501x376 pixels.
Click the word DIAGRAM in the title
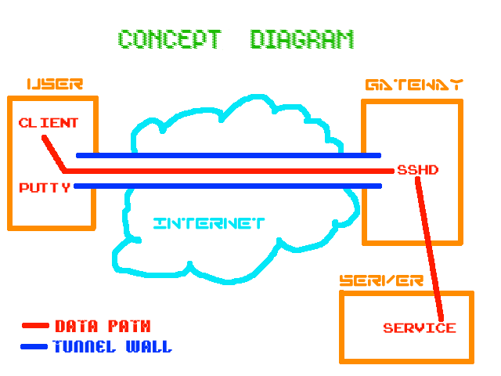point(302,39)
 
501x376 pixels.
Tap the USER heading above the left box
point(54,85)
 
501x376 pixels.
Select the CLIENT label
point(49,123)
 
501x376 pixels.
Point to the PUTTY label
point(45,187)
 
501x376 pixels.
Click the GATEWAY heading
point(413,85)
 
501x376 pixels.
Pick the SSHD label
point(418,169)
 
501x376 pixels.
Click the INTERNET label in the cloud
point(209,223)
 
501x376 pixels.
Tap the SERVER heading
point(381,280)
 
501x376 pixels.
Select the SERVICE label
point(419,327)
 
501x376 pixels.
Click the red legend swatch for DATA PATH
point(36,326)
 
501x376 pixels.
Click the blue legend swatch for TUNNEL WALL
point(36,346)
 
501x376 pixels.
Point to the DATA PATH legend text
point(103,326)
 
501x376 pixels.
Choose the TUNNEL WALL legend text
point(112,346)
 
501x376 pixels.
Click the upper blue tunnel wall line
point(227,155)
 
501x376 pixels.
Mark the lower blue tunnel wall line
point(227,186)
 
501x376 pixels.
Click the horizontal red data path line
point(227,170)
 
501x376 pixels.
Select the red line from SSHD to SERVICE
point(431,251)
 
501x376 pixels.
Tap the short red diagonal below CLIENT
point(54,154)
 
